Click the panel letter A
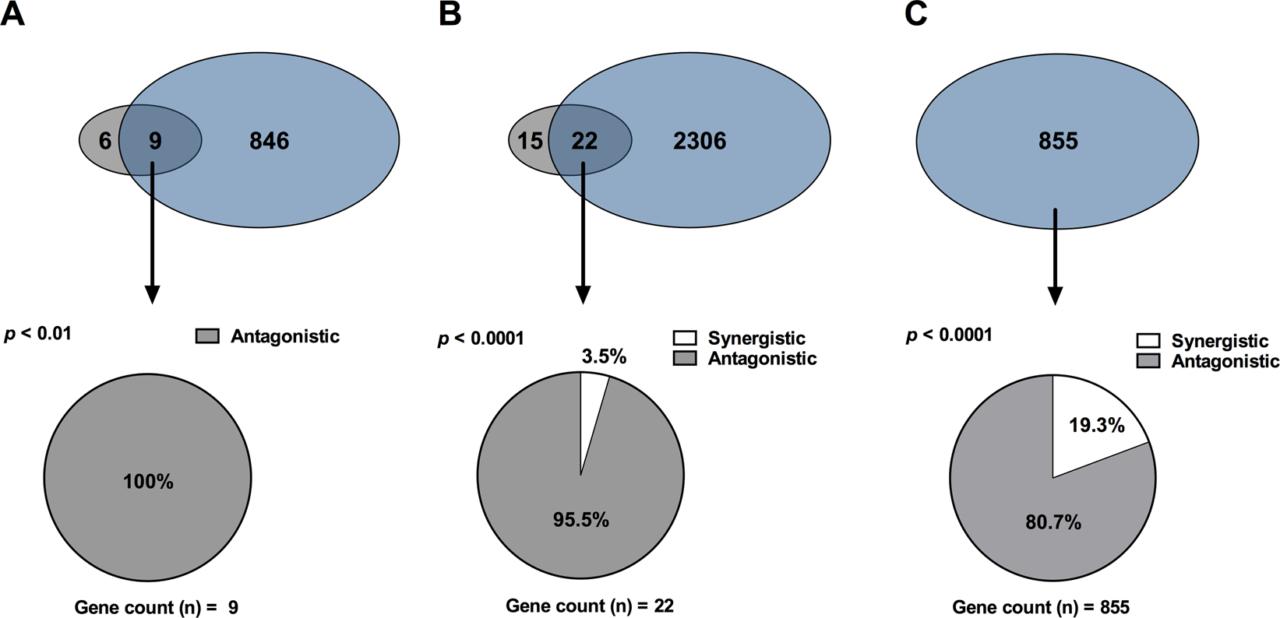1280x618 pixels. click(x=12, y=14)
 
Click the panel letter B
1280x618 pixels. click(x=450, y=14)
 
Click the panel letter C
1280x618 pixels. click(x=915, y=14)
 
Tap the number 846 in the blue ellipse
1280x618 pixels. click(x=269, y=141)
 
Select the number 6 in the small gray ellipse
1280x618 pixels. click(x=104, y=141)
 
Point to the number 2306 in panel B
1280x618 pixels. click(x=699, y=141)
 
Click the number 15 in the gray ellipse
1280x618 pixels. click(x=530, y=141)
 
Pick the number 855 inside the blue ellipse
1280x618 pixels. click(x=1058, y=141)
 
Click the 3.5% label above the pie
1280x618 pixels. click(x=604, y=356)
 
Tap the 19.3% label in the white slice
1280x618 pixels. click(x=1096, y=426)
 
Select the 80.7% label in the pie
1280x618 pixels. click(x=1053, y=522)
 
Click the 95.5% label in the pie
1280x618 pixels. click(x=580, y=520)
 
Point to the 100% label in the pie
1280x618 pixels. click(x=148, y=482)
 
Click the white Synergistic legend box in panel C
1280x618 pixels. click(x=1148, y=341)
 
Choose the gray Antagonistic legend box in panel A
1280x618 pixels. click(x=207, y=336)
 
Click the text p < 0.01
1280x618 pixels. click(x=37, y=334)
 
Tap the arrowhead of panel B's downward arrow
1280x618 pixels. click(x=582, y=295)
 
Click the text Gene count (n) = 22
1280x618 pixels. click(x=589, y=606)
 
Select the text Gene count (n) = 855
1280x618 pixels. click(x=1041, y=607)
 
